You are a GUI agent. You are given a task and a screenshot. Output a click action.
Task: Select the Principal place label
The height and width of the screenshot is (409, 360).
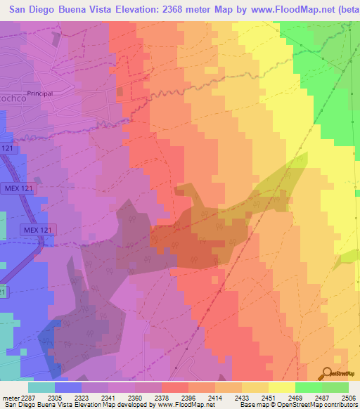(40, 93)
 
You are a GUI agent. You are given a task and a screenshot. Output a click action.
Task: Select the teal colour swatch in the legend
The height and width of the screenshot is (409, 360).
(41, 387)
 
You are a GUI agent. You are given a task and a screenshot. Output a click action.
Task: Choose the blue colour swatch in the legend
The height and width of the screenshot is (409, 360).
(68, 387)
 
